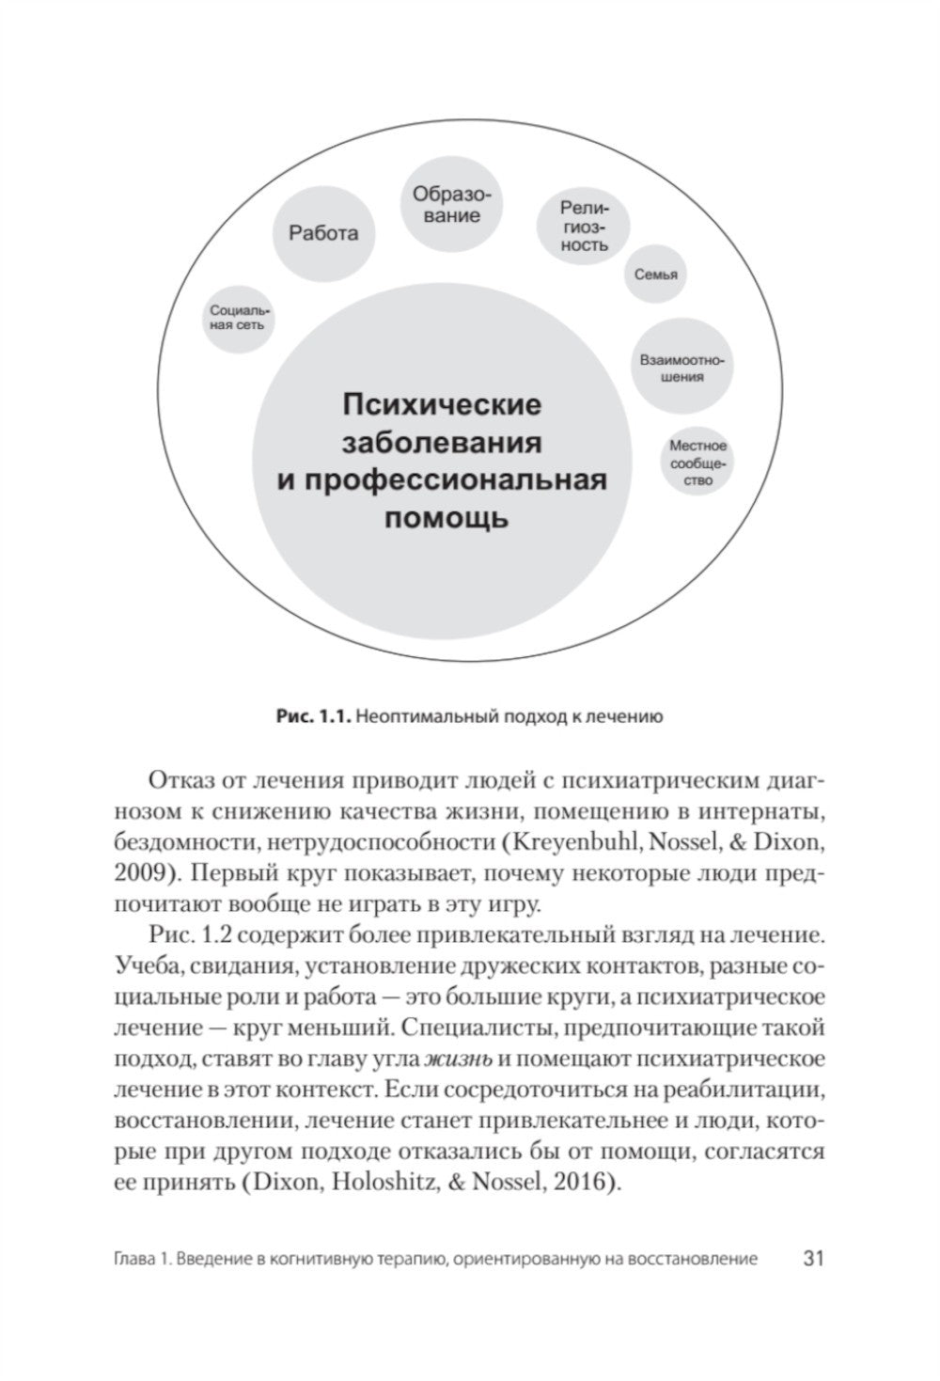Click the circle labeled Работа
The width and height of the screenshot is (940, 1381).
pos(323,232)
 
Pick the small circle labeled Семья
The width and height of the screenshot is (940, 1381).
pos(655,275)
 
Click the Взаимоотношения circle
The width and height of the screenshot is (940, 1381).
pos(683,368)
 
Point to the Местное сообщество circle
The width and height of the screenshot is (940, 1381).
pos(697,463)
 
